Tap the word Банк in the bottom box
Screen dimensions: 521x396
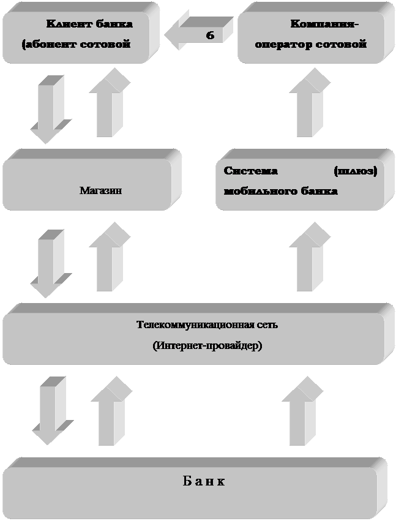[204, 481]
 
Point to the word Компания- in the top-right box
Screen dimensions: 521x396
[324, 24]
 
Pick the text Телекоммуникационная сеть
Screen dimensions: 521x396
[207, 324]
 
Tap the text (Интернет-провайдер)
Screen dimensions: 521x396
[207, 346]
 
